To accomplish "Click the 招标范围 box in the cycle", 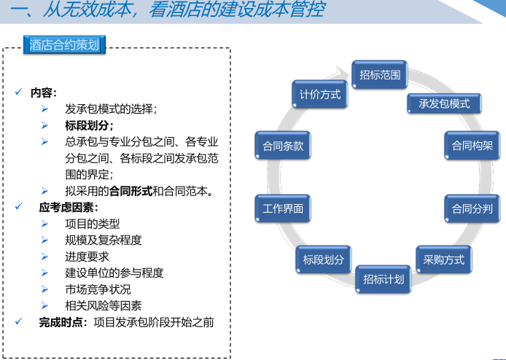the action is coord(380,74).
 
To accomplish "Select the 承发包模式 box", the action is coord(444,103).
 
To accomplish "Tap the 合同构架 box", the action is coord(472,145).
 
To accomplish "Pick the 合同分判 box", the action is coord(472,209).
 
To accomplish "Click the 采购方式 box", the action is coord(443,259).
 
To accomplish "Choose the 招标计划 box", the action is coord(383,279).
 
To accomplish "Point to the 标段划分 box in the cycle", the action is coord(323,259).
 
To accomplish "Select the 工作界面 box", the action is coord(283,209).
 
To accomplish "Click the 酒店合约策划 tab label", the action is coord(64,45).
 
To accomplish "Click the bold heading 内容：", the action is coord(43,93).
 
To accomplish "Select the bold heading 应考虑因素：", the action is coord(69,207).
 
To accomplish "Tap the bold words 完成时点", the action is coord(62,321).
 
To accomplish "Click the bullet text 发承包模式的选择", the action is coord(110,109).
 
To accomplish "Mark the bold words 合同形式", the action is coord(131,191).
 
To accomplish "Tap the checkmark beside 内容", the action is coord(18,93).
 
